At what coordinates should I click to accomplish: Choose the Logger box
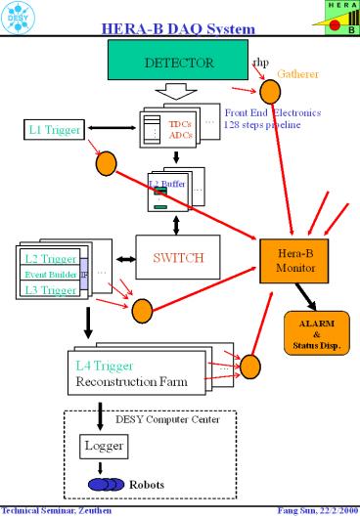point(100,448)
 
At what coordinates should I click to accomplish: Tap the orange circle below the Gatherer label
point(270,94)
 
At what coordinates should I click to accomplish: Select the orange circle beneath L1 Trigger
point(107,163)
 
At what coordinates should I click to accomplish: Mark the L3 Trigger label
point(50,290)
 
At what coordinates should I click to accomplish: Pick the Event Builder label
point(49,275)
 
